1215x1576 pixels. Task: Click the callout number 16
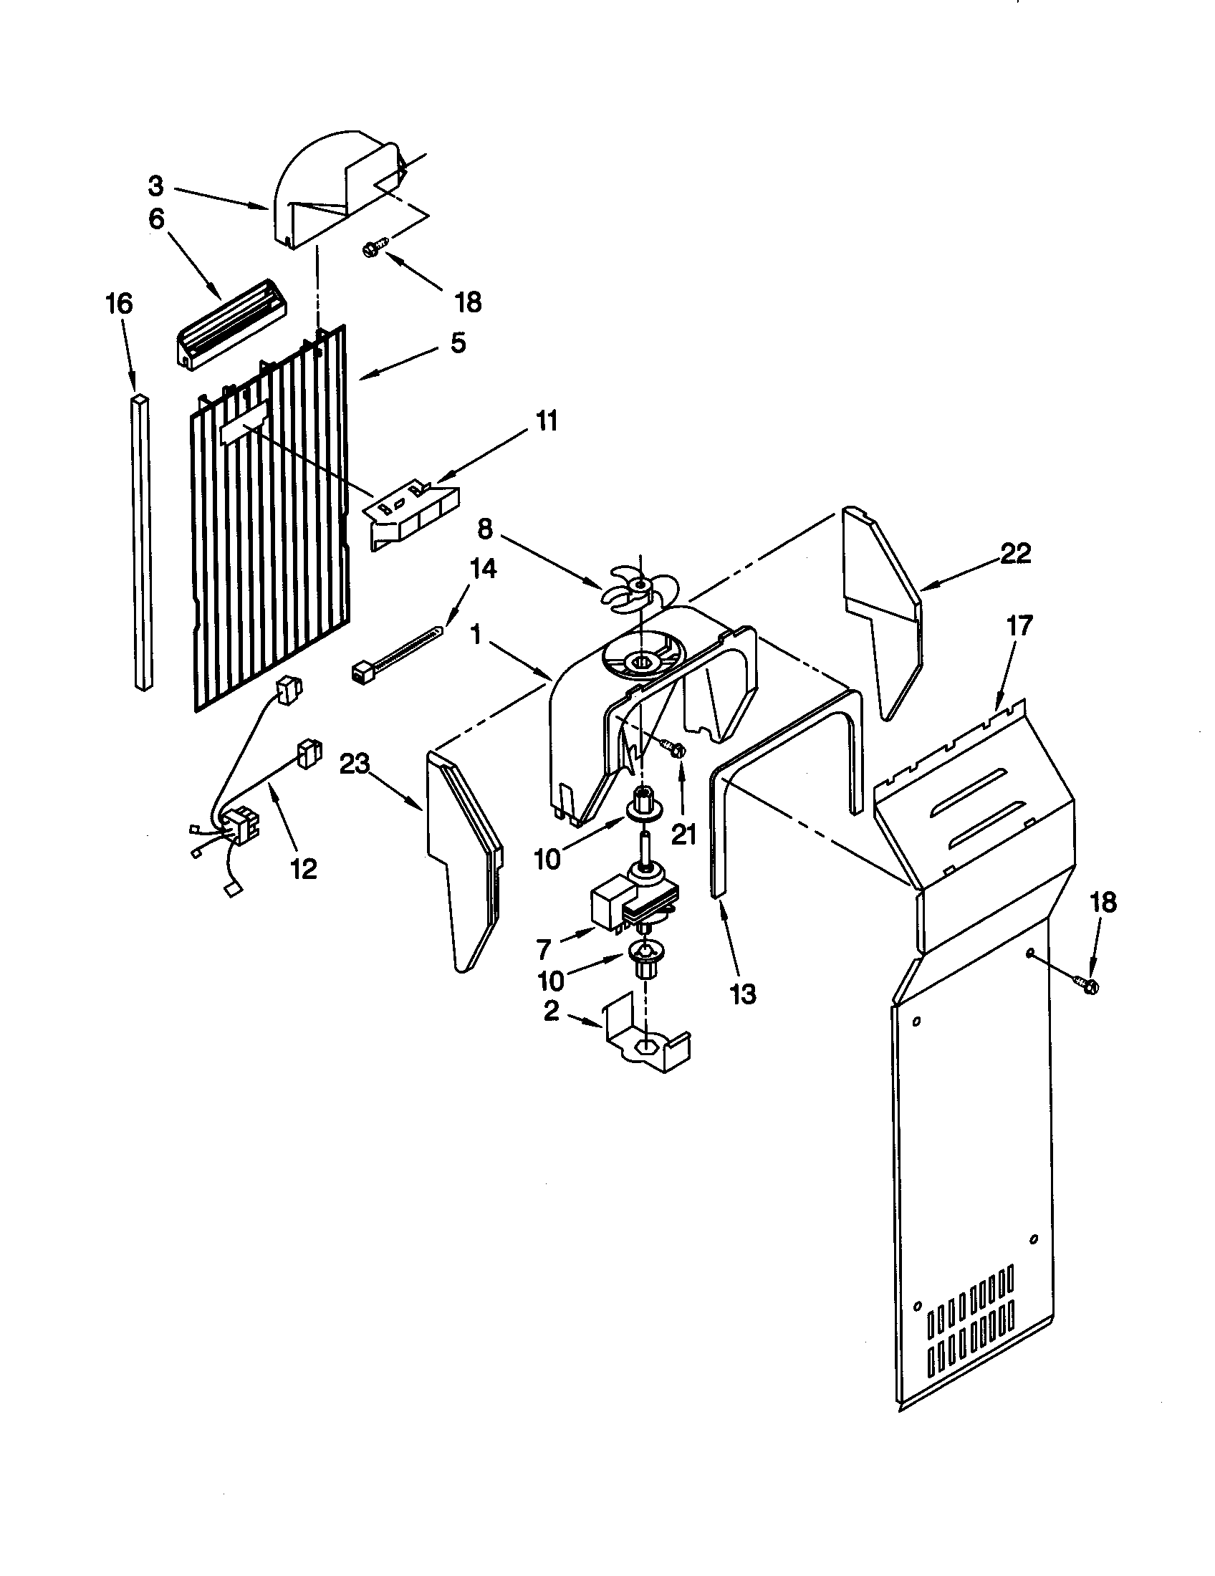coord(120,304)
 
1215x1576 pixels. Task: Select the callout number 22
coord(1015,554)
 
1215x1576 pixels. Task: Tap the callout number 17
coord(1020,625)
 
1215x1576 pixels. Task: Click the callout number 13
coord(743,994)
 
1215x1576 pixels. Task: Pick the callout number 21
coord(683,834)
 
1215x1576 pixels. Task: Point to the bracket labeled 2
coord(642,1041)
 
